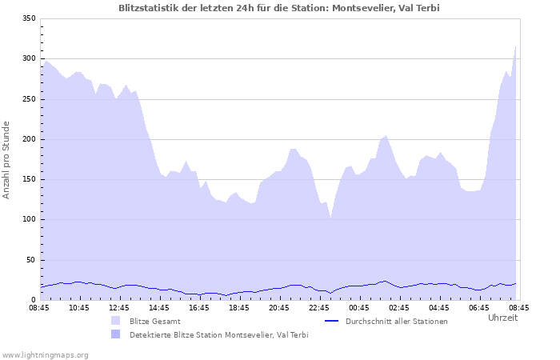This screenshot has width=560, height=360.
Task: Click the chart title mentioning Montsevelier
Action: click(x=278, y=8)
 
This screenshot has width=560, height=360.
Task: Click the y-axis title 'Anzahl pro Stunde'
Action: click(x=6, y=160)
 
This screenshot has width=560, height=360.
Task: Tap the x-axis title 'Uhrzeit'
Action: click(x=502, y=318)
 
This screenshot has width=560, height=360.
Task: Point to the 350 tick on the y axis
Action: click(x=29, y=18)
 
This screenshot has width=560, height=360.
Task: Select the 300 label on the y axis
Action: click(x=29, y=59)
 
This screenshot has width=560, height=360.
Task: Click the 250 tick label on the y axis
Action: click(x=29, y=99)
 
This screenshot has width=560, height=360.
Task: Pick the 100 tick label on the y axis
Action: click(x=29, y=220)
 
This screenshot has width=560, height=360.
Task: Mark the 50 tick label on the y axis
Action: click(x=31, y=260)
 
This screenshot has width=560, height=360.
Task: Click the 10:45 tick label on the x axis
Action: click(x=78, y=307)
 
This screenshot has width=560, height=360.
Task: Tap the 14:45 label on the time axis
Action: click(x=158, y=307)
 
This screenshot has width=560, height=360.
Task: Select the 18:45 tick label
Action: click(x=238, y=307)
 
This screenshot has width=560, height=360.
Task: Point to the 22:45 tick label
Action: click(x=318, y=307)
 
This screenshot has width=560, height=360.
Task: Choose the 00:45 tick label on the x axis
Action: click(x=358, y=307)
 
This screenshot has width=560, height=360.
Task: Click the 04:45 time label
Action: click(x=438, y=307)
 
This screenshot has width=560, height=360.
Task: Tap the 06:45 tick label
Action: click(x=478, y=307)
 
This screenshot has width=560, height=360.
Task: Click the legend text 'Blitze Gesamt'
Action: click(x=154, y=321)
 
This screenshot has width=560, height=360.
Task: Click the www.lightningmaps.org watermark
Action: click(x=45, y=354)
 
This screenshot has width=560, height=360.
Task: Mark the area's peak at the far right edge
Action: click(x=516, y=46)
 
